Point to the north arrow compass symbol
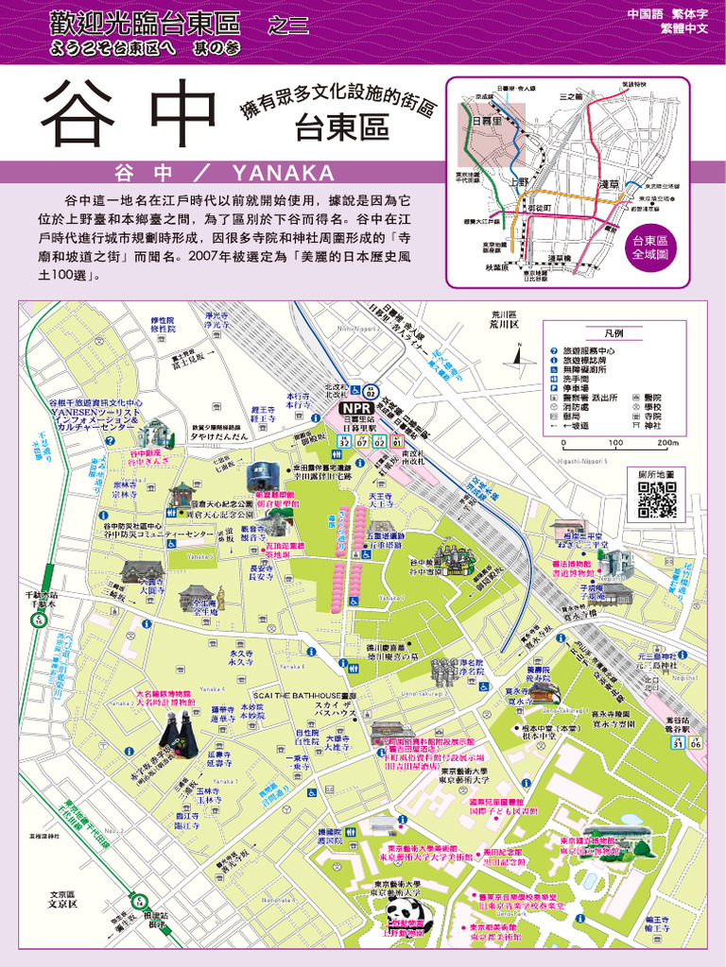coord(519,354)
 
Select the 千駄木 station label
coord(40,600)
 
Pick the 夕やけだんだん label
coord(219,435)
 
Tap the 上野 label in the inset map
coord(520,182)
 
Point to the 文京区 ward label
coord(62,899)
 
